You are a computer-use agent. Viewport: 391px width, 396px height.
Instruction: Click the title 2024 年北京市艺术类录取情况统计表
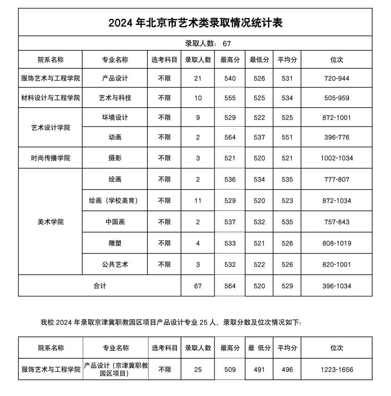point(195,23)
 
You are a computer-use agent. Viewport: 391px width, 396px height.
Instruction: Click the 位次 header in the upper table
point(336,60)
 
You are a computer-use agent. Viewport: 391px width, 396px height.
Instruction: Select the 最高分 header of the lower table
point(230,348)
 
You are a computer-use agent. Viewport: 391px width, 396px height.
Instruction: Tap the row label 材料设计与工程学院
point(51,98)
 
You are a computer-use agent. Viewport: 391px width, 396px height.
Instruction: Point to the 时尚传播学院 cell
point(51,158)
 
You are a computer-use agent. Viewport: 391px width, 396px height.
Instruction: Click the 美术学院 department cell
point(51,222)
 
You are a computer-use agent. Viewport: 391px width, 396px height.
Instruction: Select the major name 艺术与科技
point(115,98)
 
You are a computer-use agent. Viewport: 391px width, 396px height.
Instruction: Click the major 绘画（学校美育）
point(115,201)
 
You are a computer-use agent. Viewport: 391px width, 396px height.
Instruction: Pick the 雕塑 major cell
point(115,243)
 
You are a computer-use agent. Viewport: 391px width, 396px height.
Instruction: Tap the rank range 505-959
point(336,98)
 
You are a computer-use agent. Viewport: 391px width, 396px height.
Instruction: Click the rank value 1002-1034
point(336,158)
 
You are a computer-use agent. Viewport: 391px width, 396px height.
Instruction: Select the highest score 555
point(230,98)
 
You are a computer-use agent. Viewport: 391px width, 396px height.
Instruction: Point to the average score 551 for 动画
point(287,137)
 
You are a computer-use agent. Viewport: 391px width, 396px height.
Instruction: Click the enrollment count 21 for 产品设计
point(198,78)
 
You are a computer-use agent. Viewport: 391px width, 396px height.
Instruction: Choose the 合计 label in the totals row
point(100,286)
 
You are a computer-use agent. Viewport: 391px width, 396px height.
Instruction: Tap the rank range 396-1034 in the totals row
point(336,286)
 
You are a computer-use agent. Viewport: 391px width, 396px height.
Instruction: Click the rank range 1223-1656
point(336,370)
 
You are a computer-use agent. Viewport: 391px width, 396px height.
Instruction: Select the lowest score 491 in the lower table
point(259,370)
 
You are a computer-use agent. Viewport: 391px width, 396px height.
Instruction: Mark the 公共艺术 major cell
point(115,264)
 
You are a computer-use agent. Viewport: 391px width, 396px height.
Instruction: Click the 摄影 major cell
point(115,158)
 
